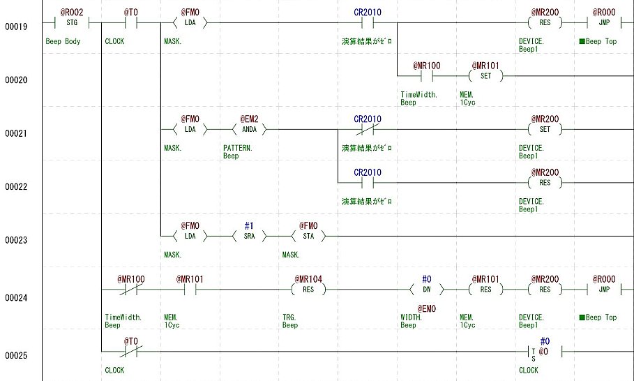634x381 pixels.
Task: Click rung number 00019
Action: pyautogui.click(x=16, y=27)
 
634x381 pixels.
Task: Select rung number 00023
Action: pyautogui.click(x=16, y=240)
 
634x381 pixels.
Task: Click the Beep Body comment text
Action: pyautogui.click(x=63, y=41)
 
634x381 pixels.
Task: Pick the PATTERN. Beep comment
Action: pyautogui.click(x=238, y=152)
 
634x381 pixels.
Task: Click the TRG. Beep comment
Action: pyautogui.click(x=290, y=321)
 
